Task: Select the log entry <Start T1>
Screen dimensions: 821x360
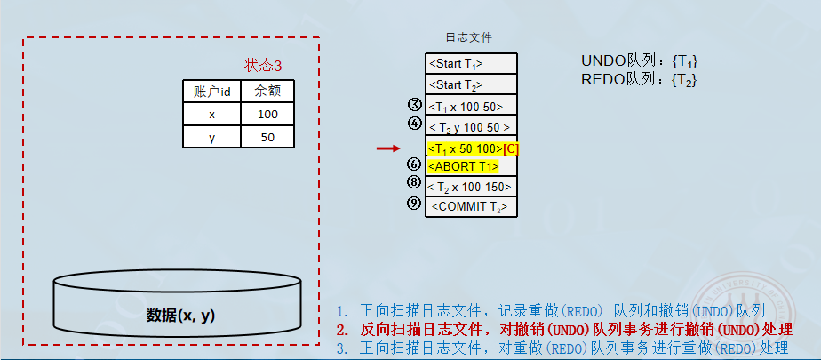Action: point(470,64)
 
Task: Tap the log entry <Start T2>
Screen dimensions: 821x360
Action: point(470,84)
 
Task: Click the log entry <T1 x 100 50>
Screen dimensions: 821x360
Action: point(470,107)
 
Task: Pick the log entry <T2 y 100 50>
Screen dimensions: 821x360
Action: point(470,127)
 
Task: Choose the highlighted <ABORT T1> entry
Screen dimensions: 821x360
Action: point(463,166)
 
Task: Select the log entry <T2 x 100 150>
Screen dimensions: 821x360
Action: point(470,187)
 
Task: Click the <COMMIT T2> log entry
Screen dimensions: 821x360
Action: point(470,206)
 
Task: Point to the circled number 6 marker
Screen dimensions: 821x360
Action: point(414,164)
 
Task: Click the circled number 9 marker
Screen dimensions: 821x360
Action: point(414,204)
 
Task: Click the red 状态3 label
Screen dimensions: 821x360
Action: point(263,66)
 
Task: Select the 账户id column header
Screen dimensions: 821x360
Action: point(212,91)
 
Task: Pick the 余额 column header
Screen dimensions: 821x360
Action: point(267,91)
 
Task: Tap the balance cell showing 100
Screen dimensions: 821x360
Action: point(267,115)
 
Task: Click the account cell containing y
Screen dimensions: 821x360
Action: point(212,137)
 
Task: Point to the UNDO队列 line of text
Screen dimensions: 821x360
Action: point(639,61)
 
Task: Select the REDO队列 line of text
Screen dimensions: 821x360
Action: point(639,80)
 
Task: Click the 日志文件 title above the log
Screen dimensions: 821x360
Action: point(468,38)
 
